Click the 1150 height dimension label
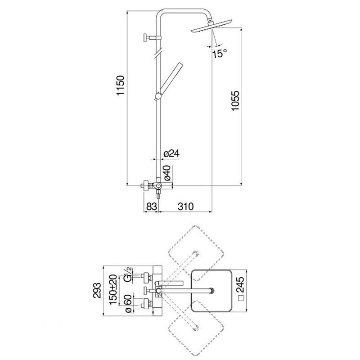click(121, 85)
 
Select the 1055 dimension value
click(235, 101)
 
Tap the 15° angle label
click(220, 54)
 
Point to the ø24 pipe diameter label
click(171, 153)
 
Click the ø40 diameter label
click(167, 173)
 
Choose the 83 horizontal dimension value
click(151, 207)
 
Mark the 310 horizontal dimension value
click(186, 207)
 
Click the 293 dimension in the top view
click(97, 290)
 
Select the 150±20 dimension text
click(114, 289)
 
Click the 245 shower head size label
click(241, 285)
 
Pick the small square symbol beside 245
click(241, 298)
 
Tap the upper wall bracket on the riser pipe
click(152, 38)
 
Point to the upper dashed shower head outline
click(196, 253)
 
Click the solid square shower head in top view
click(211, 291)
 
